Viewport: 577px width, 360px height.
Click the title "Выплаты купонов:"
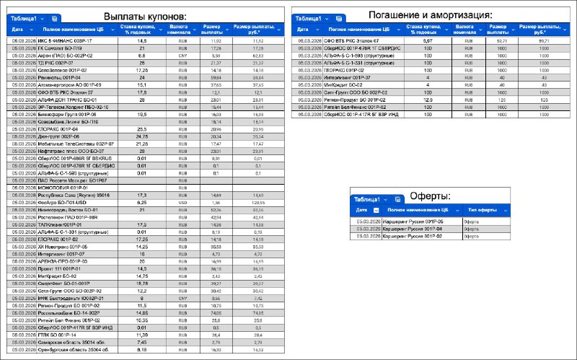coord(145,16)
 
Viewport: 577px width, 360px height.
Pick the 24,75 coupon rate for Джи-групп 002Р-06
coord(142,136)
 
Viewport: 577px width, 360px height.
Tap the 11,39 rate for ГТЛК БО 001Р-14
coord(142,335)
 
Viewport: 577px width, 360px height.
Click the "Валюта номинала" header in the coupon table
coord(177,30)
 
